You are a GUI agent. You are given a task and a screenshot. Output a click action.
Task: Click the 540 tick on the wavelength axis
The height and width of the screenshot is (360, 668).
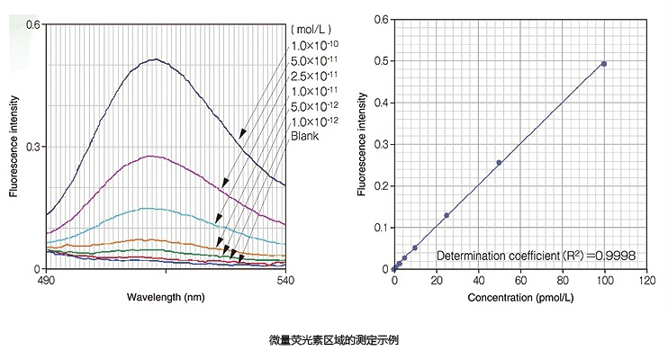(x=284, y=279)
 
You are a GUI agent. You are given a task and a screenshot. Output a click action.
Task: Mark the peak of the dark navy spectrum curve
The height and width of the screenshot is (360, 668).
(x=157, y=59)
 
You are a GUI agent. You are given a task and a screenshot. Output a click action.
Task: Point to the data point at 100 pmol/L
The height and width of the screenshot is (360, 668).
(x=603, y=64)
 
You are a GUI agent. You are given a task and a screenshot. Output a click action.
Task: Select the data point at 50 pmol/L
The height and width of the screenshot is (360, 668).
(x=499, y=163)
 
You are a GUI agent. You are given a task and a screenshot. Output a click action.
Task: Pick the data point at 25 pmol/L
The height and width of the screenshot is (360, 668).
(x=447, y=215)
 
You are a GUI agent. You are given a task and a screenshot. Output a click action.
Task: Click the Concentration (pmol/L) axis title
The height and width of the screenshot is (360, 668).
(x=520, y=297)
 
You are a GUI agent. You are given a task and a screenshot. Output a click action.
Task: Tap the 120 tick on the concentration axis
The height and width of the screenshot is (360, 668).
(x=645, y=281)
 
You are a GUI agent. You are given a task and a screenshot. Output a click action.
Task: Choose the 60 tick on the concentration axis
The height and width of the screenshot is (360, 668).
(x=519, y=281)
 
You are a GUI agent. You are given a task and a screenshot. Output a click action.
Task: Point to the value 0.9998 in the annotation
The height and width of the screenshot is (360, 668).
(x=615, y=256)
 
